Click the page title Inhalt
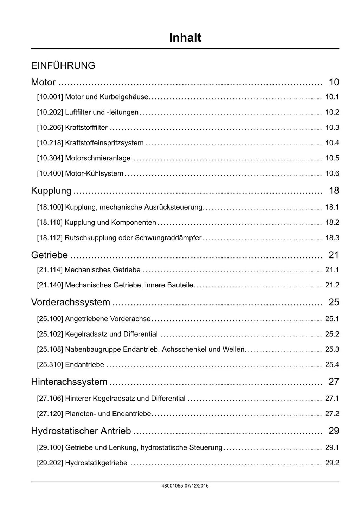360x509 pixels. click(x=185, y=38)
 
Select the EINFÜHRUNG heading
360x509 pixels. click(x=63, y=66)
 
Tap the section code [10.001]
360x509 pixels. click(x=50, y=97)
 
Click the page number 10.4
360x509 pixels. click(x=332, y=143)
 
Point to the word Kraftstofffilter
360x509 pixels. click(x=86, y=128)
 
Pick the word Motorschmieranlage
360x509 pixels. click(x=98, y=158)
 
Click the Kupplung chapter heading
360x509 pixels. click(x=51, y=191)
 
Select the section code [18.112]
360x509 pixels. click(x=50, y=238)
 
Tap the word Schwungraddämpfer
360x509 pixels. click(x=168, y=238)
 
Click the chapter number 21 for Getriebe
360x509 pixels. click(x=334, y=255)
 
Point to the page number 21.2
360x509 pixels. click(x=332, y=285)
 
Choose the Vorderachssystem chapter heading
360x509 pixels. click(x=70, y=303)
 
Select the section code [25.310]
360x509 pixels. click(x=50, y=365)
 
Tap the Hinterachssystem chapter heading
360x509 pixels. click(x=69, y=382)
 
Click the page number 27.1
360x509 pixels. click(x=332, y=399)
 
